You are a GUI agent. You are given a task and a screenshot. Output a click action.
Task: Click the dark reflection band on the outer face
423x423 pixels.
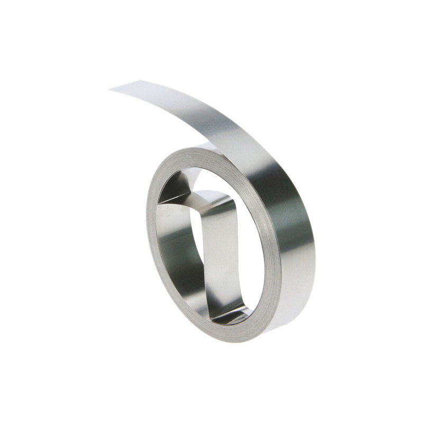[x=288, y=212]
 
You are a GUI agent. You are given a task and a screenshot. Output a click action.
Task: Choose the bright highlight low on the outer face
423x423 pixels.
[x=296, y=296]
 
